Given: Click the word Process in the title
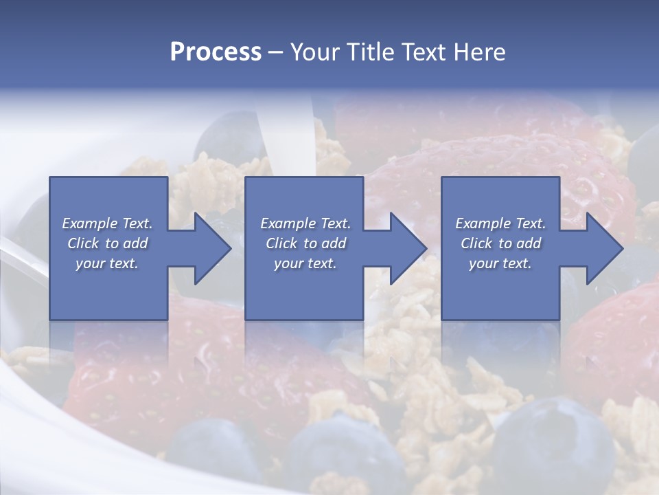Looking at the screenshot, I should tap(216, 52).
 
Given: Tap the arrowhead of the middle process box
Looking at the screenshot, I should tap(408, 248).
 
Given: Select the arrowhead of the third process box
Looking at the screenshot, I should tap(604, 248).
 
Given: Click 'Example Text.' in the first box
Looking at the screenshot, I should tap(108, 223).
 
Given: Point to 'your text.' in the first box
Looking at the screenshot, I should tap(108, 263).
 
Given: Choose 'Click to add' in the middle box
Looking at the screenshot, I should tap(305, 243).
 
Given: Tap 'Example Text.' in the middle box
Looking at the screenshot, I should tap(305, 223).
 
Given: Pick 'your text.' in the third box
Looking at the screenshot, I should tap(500, 263).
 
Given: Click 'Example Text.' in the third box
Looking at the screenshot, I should tap(500, 223).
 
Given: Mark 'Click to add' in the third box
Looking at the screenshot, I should tap(500, 243).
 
